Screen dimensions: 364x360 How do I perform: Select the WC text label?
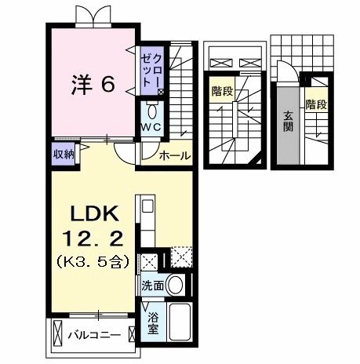[152, 128]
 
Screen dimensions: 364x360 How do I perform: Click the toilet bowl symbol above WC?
[152, 111]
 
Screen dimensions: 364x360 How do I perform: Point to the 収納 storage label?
[64, 154]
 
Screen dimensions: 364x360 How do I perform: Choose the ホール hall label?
[173, 156]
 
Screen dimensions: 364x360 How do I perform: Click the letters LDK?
[96, 213]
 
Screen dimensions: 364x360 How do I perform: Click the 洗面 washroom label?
[153, 286]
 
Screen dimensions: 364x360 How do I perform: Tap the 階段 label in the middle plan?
[222, 93]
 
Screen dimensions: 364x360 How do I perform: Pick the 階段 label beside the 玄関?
[317, 105]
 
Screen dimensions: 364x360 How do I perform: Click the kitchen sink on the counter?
[147, 208]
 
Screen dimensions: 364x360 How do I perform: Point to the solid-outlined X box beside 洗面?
[147, 262]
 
